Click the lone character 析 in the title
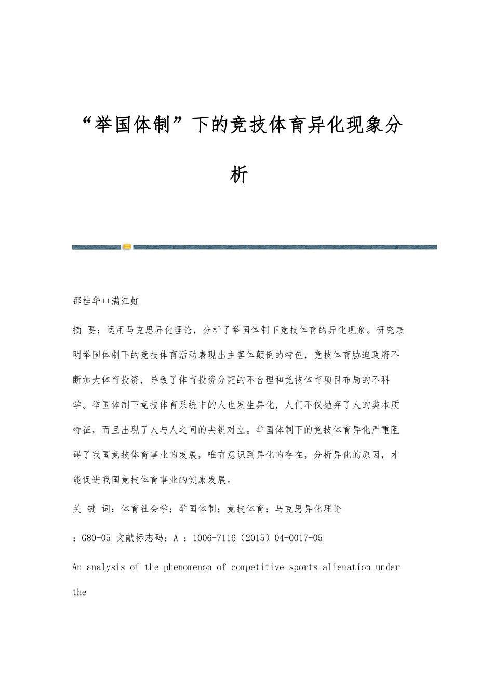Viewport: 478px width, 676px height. point(239,174)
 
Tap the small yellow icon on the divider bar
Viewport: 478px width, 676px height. point(127,247)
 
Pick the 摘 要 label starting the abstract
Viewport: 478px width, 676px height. point(84,330)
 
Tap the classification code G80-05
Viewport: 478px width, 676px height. point(96,538)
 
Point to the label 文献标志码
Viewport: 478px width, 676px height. point(140,538)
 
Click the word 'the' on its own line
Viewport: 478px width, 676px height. point(79,592)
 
